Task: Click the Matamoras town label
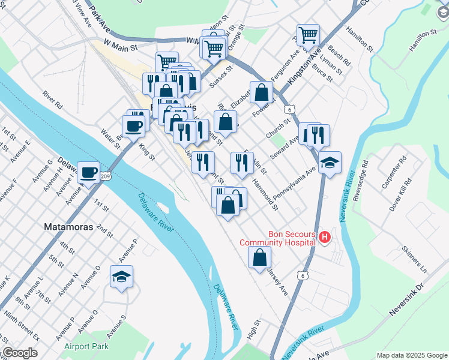coord(68,227)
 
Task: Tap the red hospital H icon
coord(325,238)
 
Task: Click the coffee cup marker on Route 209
coord(89,173)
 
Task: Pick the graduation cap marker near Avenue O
coord(122,277)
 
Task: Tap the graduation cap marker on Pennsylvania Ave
coord(330,163)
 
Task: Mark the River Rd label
coord(52,99)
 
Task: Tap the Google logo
coord(19,353)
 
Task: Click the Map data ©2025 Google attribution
coord(412,355)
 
